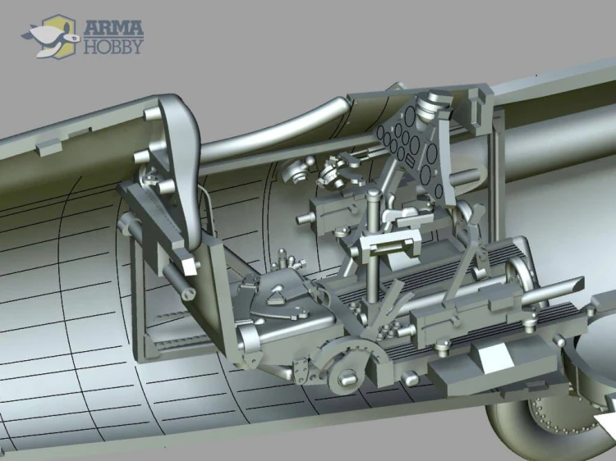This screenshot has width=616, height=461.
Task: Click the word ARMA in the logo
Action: tap(113, 28)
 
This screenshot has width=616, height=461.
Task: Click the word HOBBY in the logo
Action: tap(113, 46)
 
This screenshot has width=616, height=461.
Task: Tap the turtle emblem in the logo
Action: tap(48, 36)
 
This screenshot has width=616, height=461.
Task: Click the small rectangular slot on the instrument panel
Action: tap(411, 159)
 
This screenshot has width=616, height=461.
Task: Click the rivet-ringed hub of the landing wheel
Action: tap(558, 415)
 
